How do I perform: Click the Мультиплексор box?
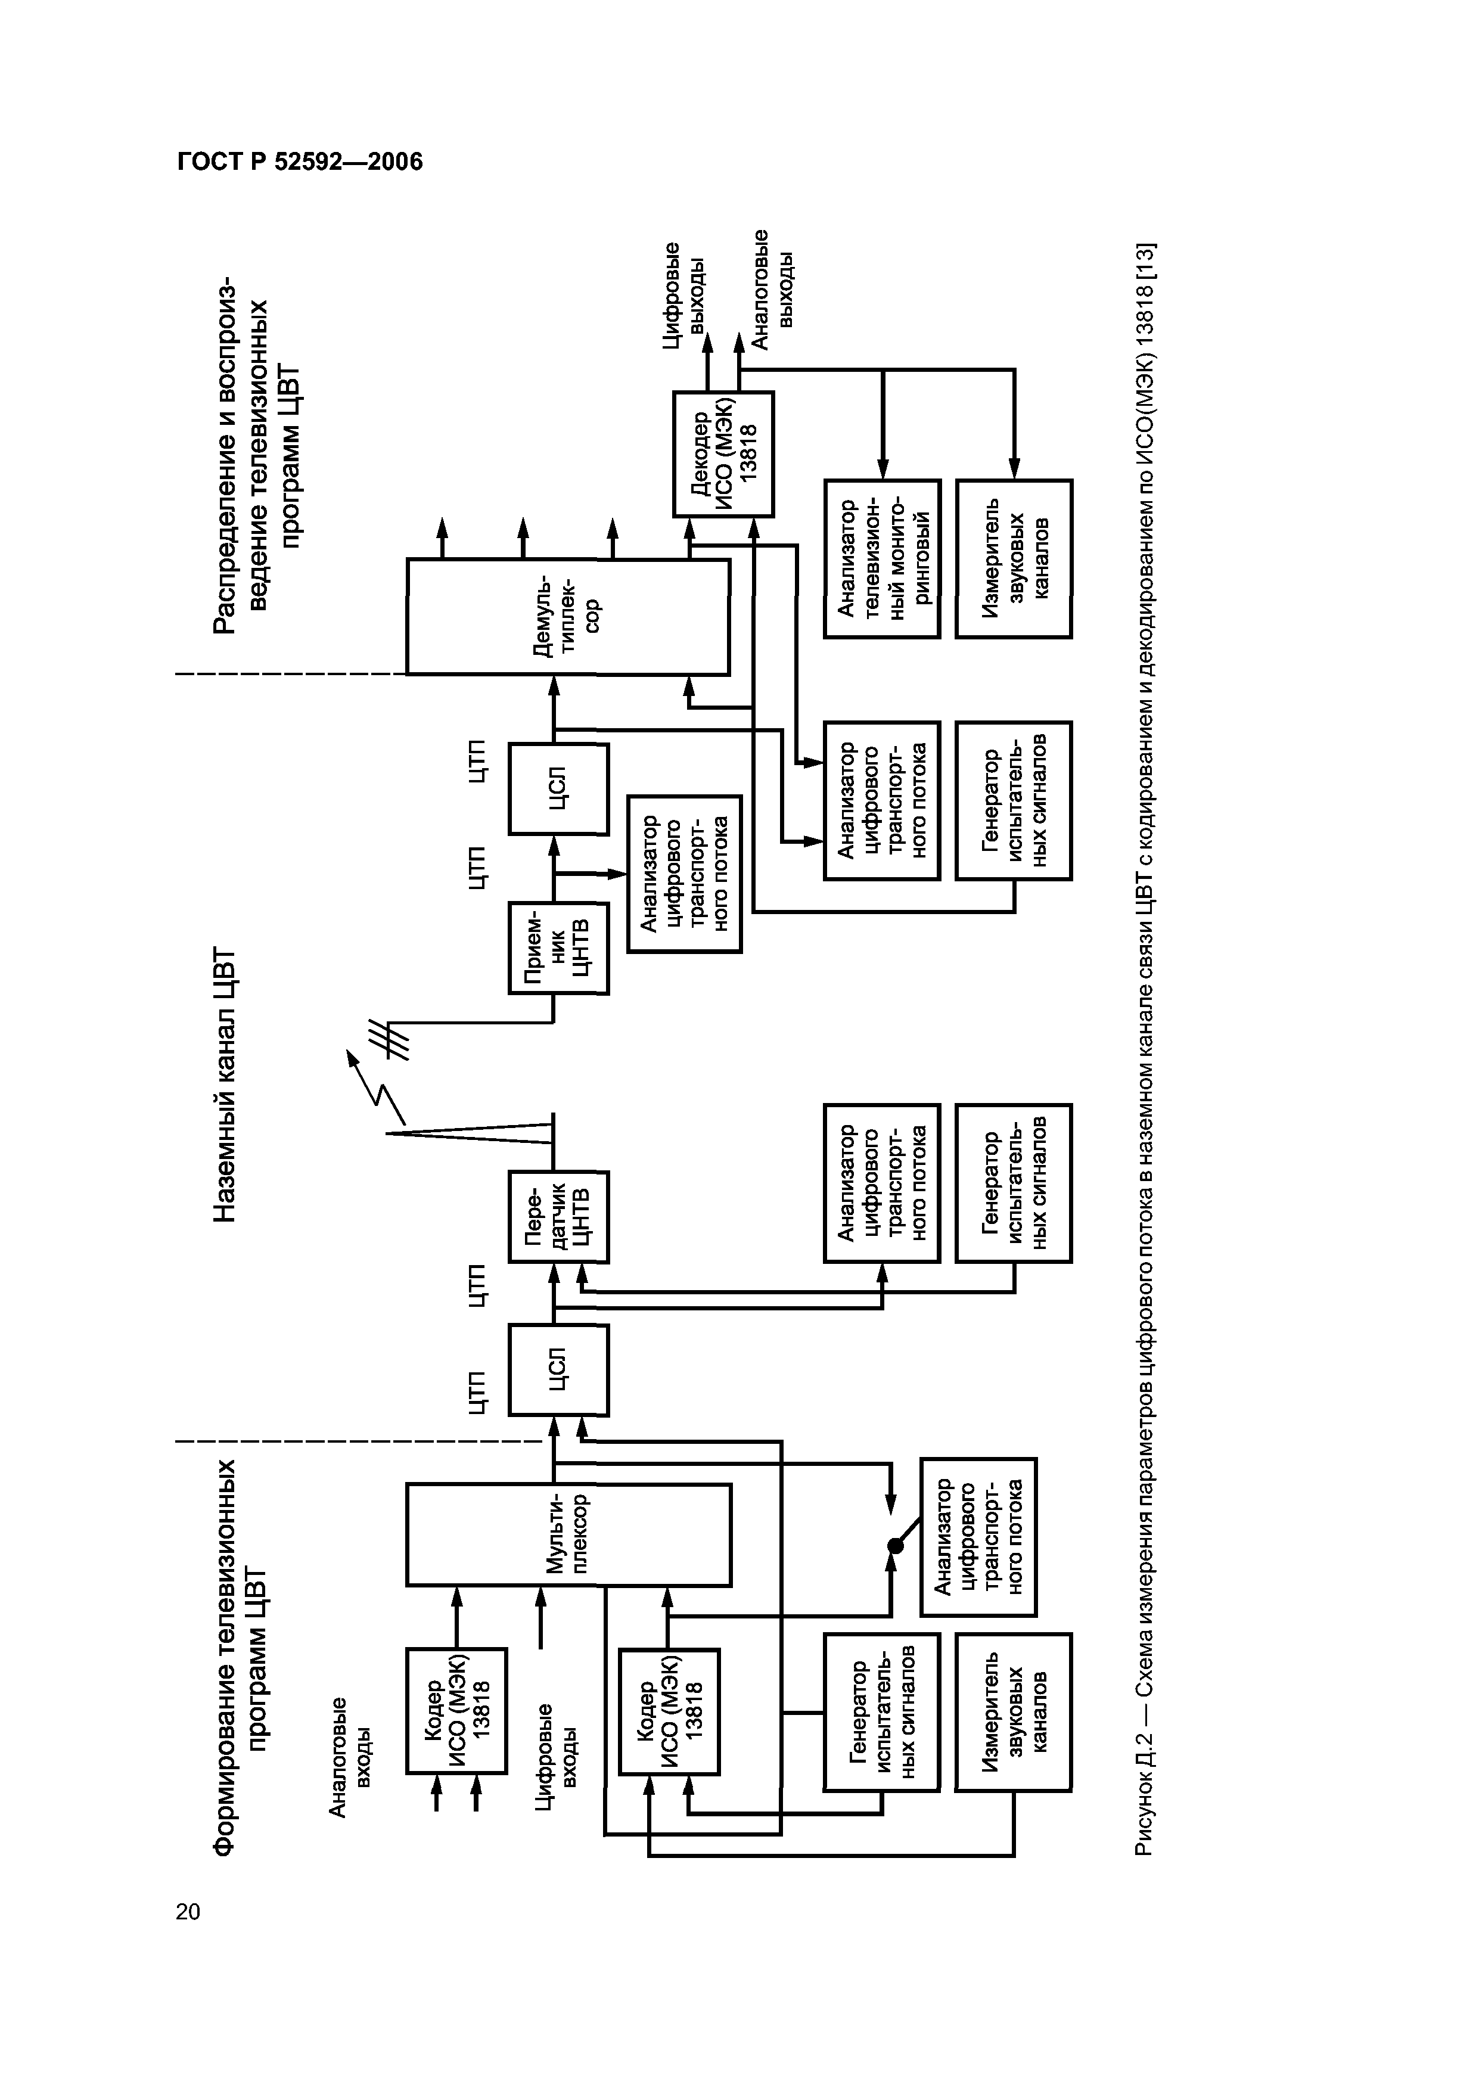568,1534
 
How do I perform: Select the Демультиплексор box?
568,617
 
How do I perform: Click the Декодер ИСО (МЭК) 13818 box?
723,455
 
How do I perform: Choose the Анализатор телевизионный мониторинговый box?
881,558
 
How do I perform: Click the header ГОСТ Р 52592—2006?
300,162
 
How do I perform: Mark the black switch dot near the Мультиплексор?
895,1546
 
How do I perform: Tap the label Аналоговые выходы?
774,288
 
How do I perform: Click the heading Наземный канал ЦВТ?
224,1085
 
